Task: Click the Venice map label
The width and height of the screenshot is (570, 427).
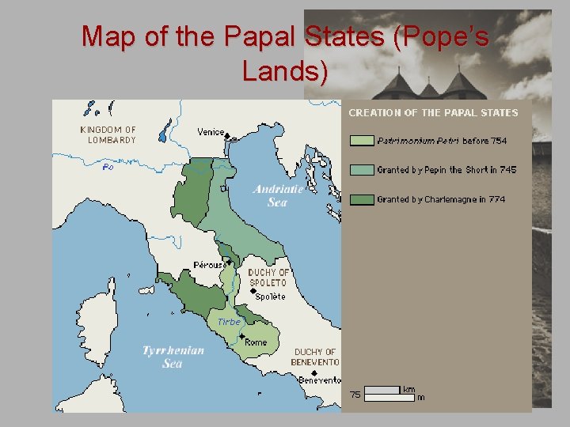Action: (x=211, y=132)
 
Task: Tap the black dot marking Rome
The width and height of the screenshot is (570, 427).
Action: (x=241, y=336)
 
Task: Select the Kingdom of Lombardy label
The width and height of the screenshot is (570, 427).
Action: (x=108, y=134)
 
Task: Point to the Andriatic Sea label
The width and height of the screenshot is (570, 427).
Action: (x=278, y=195)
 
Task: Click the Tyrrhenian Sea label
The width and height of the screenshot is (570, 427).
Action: (x=173, y=357)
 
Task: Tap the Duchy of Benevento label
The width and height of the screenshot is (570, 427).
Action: (x=316, y=357)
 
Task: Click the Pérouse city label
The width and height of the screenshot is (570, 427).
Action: (x=209, y=265)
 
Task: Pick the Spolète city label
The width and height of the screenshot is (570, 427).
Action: (x=270, y=297)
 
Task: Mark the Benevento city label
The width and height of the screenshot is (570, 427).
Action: (x=320, y=380)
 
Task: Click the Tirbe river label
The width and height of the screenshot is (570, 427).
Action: (x=228, y=322)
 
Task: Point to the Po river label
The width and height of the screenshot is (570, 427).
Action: (x=108, y=167)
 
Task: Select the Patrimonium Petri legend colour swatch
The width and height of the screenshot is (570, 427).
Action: (x=361, y=141)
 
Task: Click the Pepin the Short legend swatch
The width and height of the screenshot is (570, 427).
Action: (x=361, y=170)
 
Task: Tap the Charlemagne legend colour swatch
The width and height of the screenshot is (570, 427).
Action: (x=361, y=199)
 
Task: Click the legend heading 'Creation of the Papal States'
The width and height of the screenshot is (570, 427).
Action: (x=433, y=113)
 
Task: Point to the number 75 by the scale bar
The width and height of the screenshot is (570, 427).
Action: (x=355, y=394)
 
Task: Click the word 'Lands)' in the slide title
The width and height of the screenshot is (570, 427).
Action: (x=285, y=72)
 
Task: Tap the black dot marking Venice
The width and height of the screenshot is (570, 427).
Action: (x=228, y=137)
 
